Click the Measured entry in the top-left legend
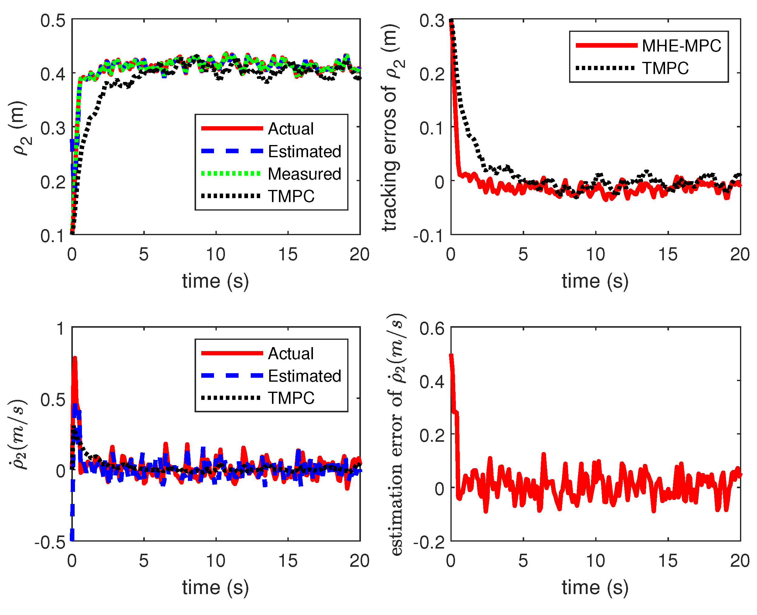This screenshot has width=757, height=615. point(304,174)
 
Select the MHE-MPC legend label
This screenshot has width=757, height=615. point(681,46)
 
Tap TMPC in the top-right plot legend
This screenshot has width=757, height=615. point(665,68)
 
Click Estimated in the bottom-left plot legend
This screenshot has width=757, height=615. point(304,376)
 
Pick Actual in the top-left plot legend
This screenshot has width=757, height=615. point(290,129)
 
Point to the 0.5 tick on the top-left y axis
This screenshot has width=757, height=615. point(53,21)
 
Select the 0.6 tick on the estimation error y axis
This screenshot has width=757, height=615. point(432,328)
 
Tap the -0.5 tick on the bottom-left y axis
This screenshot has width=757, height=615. point(50,542)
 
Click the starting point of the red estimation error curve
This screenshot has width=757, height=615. point(451,355)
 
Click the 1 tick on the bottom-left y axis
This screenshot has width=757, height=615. point(61,328)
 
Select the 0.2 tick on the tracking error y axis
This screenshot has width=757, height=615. point(432,74)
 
